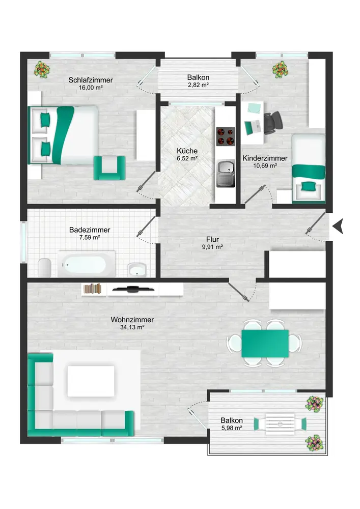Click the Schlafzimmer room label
tap(91, 80)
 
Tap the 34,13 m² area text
tap(132, 327)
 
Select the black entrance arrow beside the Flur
tap(339, 226)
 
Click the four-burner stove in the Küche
tap(226, 136)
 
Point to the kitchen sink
tap(226, 174)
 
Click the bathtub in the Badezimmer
tap(87, 264)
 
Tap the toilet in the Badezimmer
tap(44, 268)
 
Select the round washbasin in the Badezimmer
tap(137, 270)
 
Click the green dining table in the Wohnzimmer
tap(265, 344)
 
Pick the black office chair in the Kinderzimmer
tap(273, 123)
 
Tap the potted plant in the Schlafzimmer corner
tap(42, 70)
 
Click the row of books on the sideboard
tap(93, 288)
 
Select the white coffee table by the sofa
tap(91, 381)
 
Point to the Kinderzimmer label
tap(265, 158)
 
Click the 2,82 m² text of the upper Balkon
tap(198, 85)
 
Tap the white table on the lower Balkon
tap(280, 424)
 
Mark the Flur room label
tap(212, 240)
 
